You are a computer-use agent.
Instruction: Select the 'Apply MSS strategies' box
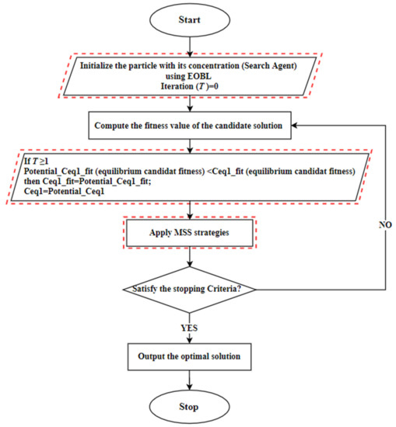click(191, 232)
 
